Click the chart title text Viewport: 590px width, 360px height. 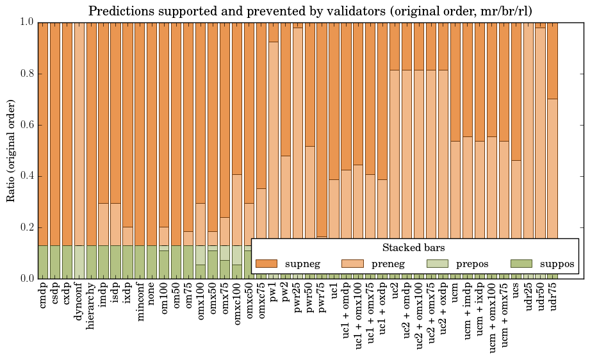[x=309, y=11]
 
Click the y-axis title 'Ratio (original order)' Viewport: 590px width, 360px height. [x=11, y=151]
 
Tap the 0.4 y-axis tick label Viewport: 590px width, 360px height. [x=26, y=176]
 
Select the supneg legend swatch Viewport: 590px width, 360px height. [x=267, y=263]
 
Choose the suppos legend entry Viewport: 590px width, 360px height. [x=543, y=263]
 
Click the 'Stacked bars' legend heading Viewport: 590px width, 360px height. [x=414, y=247]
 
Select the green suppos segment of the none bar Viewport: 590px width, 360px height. [x=152, y=262]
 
